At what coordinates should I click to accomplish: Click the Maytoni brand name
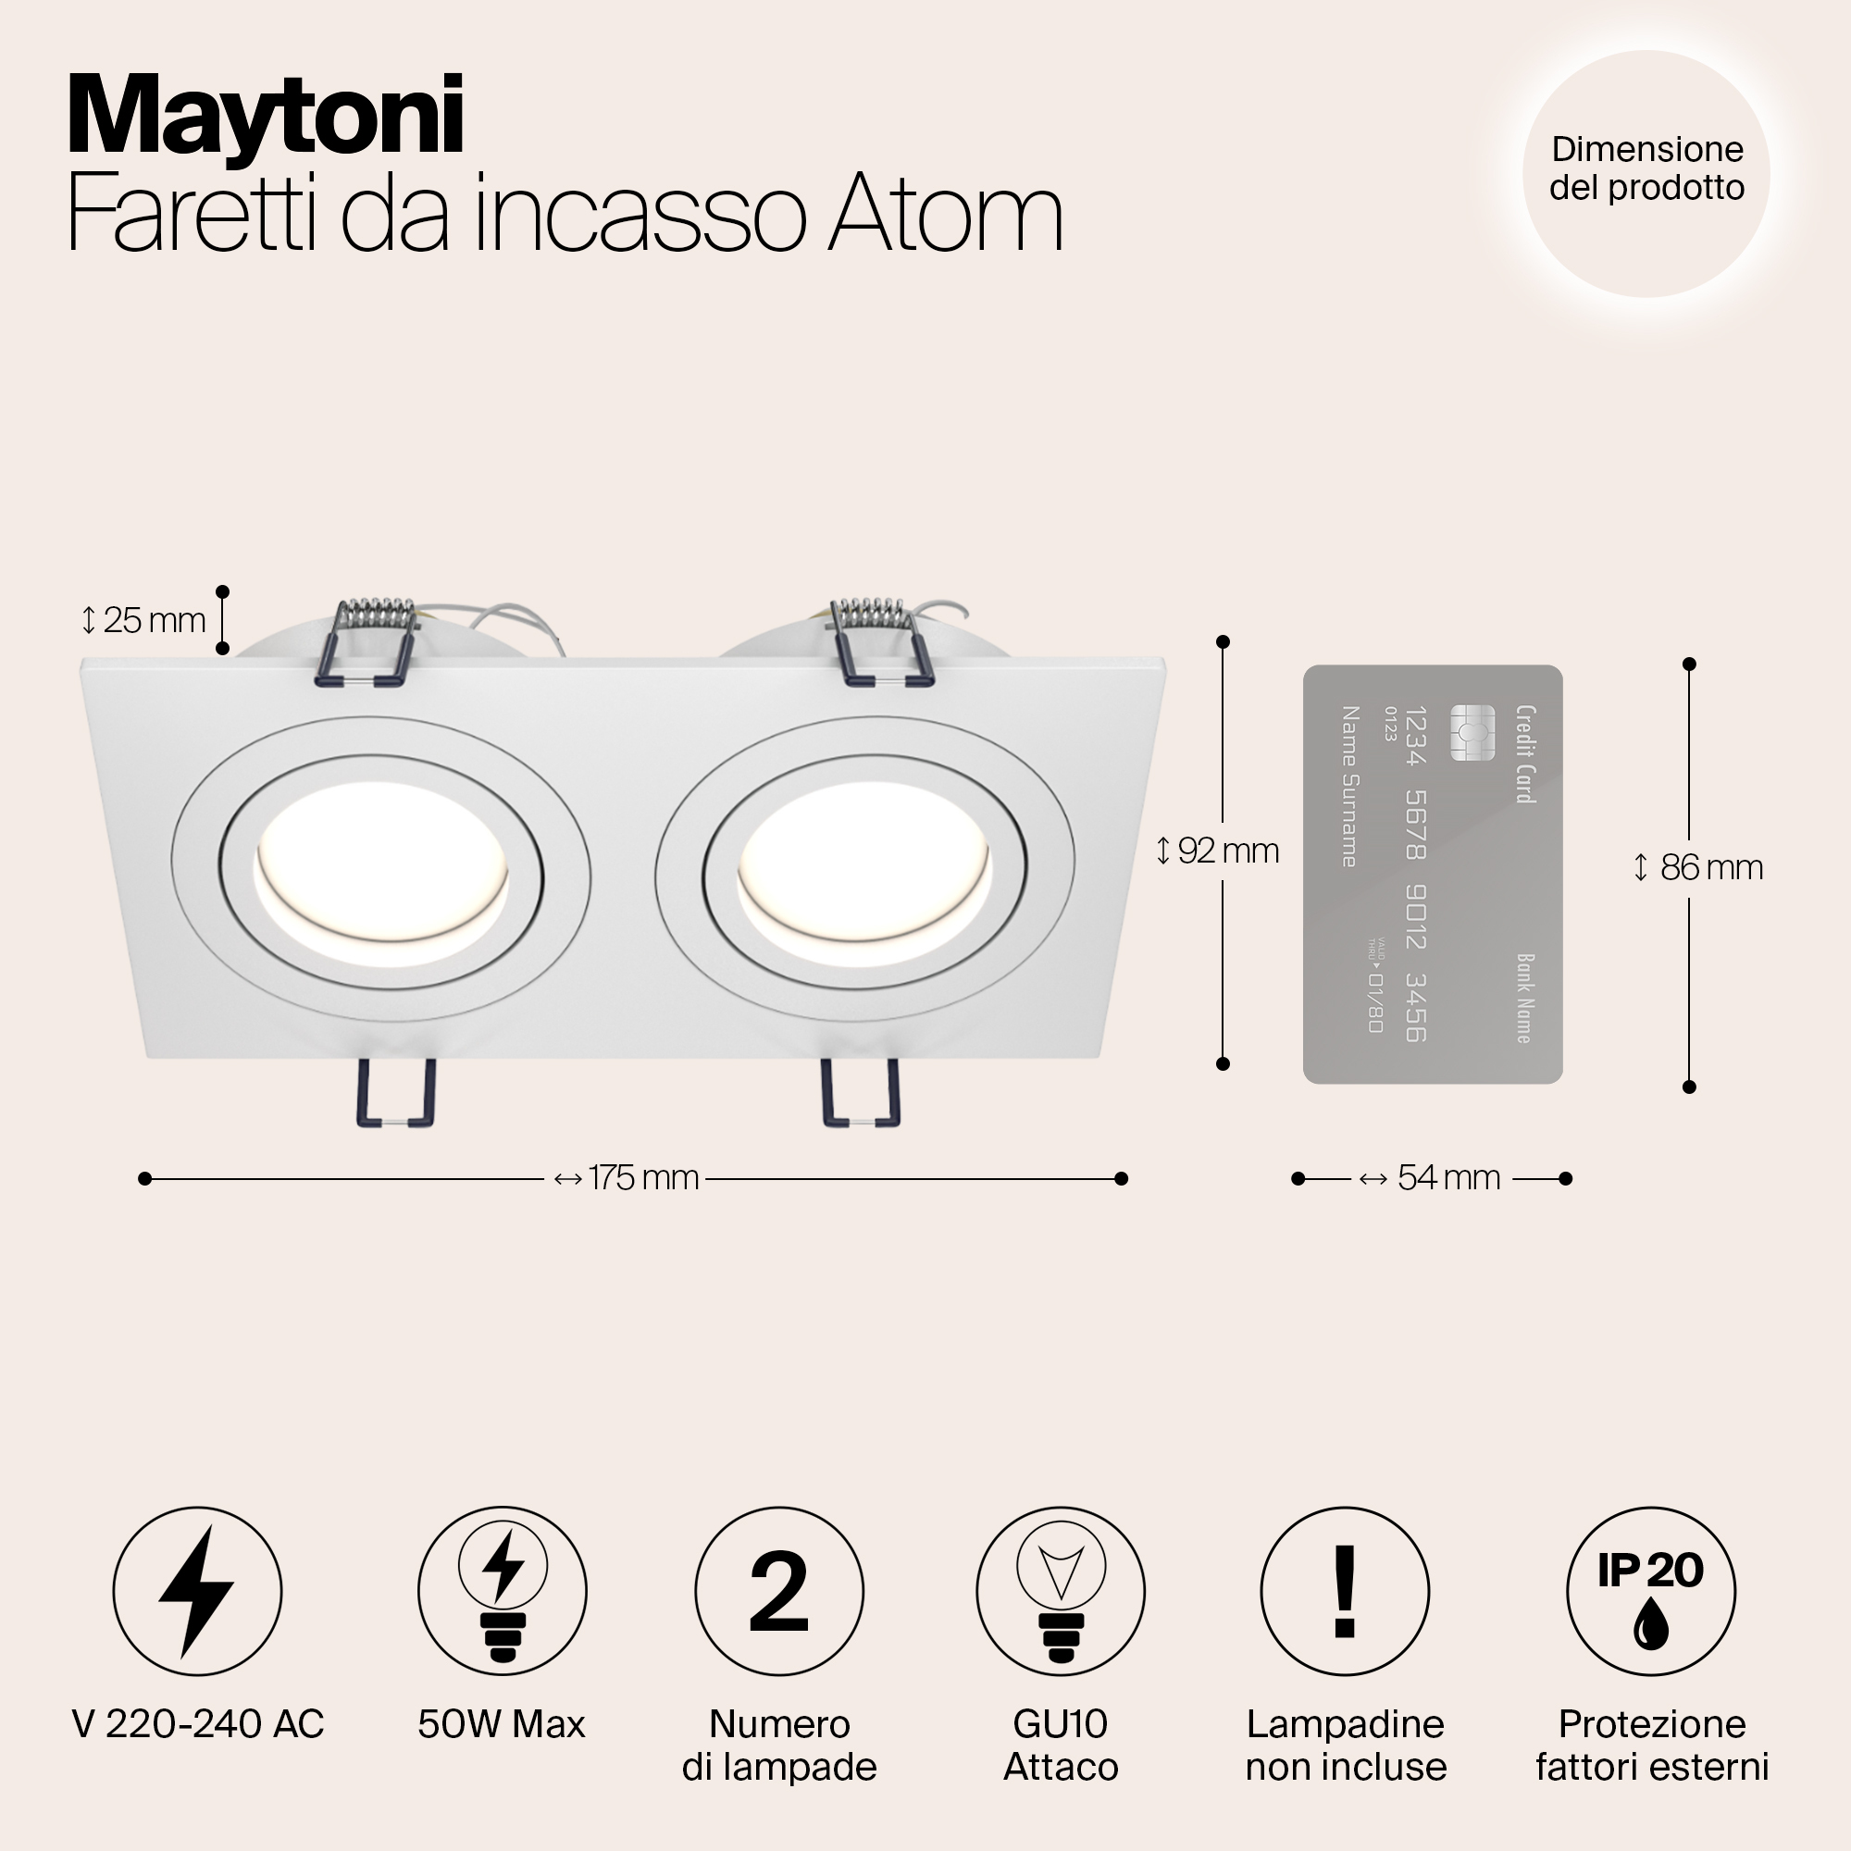[266, 117]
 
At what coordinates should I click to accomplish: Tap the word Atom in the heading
[946, 215]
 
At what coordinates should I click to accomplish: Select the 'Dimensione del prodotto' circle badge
[1646, 173]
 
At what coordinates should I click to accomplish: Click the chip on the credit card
[1472, 732]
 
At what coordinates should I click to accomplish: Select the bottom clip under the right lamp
[862, 1092]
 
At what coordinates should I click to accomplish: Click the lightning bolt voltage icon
[197, 1591]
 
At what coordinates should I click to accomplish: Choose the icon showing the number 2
[779, 1591]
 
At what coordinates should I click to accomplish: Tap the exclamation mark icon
[1344, 1591]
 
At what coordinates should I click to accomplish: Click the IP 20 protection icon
[1650, 1591]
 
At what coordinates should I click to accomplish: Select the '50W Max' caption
[501, 1724]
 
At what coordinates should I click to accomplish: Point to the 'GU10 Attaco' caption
[1061, 1745]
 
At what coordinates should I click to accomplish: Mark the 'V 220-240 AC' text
[197, 1724]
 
